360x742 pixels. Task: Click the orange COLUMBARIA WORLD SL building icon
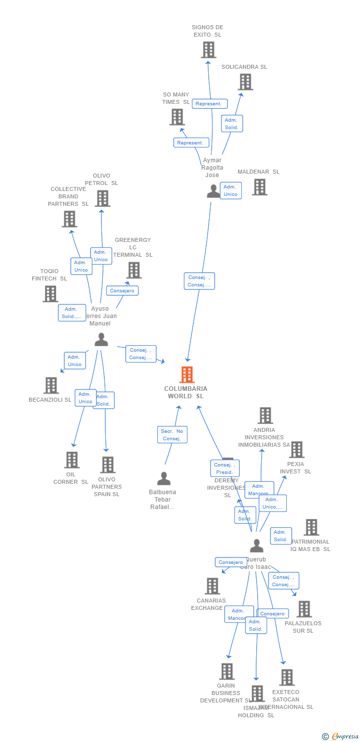(x=187, y=375)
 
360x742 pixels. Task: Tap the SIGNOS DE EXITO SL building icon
(x=209, y=50)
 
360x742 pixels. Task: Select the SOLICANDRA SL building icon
(x=245, y=82)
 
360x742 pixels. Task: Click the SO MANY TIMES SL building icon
(x=177, y=117)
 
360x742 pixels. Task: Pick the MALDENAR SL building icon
(x=260, y=187)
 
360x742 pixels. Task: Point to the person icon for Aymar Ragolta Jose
(x=213, y=191)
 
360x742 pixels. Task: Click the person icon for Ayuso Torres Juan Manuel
(x=101, y=339)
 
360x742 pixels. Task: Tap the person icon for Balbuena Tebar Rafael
(x=164, y=478)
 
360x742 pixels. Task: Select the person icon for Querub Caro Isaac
(x=257, y=546)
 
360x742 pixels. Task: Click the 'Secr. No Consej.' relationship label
(x=172, y=435)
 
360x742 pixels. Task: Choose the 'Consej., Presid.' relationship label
(x=225, y=468)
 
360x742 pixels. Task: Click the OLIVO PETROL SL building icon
(x=102, y=198)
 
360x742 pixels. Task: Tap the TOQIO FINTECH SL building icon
(x=50, y=294)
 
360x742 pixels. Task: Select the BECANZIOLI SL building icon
(x=51, y=385)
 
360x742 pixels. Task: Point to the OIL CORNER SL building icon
(x=72, y=460)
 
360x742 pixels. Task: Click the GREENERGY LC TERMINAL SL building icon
(x=134, y=270)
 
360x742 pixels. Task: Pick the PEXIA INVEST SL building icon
(x=297, y=450)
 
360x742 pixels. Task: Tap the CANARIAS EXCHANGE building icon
(x=213, y=586)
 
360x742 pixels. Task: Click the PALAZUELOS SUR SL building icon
(x=304, y=609)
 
